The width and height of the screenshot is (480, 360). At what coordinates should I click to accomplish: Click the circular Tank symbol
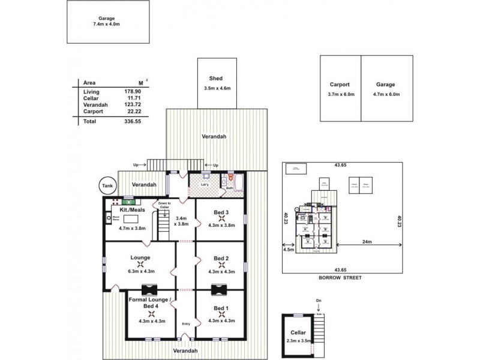pyautogui.click(x=107, y=186)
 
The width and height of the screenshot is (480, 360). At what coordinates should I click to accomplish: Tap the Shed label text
pyautogui.click(x=217, y=79)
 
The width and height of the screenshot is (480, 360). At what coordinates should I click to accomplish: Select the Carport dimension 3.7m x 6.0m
pyautogui.click(x=340, y=95)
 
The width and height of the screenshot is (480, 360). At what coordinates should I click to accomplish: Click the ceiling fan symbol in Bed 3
pyautogui.click(x=221, y=218)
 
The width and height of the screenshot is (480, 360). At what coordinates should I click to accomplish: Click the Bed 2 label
pyautogui.click(x=221, y=258)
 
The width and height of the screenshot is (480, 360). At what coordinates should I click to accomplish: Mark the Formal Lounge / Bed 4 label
pyautogui.click(x=150, y=303)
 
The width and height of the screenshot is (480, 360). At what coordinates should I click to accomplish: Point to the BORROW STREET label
pyautogui.click(x=340, y=278)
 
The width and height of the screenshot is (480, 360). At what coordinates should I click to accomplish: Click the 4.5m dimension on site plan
pyautogui.click(x=288, y=251)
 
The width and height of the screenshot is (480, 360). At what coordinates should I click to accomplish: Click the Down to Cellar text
pyautogui.click(x=164, y=205)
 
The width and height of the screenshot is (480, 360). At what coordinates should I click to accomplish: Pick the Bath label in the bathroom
pyautogui.click(x=229, y=188)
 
